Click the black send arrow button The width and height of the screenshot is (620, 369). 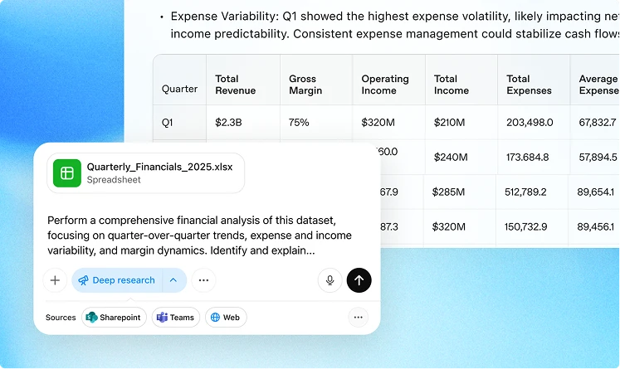pos(359,280)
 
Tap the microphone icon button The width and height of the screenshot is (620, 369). pos(330,280)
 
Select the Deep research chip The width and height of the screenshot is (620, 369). pos(117,280)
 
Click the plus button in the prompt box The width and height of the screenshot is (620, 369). pos(55,280)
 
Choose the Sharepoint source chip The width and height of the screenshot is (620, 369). pos(115,318)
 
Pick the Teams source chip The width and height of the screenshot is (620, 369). pos(175,318)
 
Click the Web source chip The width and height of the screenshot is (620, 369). pos(225,318)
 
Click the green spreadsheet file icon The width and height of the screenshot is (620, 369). pos(67,172)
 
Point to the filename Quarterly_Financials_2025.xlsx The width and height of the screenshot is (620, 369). pos(159,167)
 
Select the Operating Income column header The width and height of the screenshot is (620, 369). pos(384,85)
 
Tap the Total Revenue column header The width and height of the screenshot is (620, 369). pos(235,85)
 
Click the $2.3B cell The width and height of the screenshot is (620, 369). pos(227,123)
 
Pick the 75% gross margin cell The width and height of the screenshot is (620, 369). pos(299,123)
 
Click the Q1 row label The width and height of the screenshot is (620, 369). pos(168,123)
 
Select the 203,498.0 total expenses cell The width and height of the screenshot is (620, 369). pos(530,123)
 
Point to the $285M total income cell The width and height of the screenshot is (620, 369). pos(450,192)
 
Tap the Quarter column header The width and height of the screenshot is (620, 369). pos(179,89)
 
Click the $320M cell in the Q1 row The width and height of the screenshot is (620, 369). pos(378,123)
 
